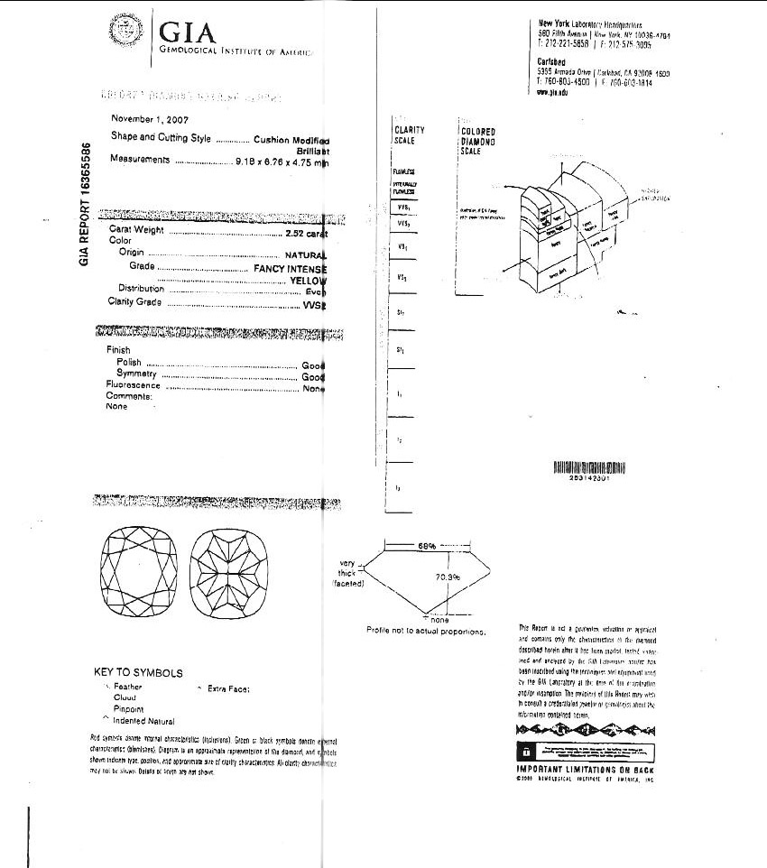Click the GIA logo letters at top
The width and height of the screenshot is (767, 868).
pyautogui.click(x=188, y=33)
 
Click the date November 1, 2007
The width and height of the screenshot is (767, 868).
pyautogui.click(x=150, y=119)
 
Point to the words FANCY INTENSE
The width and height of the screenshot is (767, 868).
pyautogui.click(x=290, y=269)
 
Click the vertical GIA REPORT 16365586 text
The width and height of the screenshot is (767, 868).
pyautogui.click(x=85, y=203)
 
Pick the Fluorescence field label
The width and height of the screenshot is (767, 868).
pyautogui.click(x=134, y=385)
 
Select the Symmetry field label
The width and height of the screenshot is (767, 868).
pyautogui.click(x=137, y=374)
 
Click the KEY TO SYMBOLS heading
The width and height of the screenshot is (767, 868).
pyautogui.click(x=138, y=673)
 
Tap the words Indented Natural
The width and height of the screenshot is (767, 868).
pyautogui.click(x=143, y=721)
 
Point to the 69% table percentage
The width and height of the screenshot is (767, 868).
pyautogui.click(x=427, y=546)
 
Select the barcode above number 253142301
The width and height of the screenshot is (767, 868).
pyautogui.click(x=587, y=466)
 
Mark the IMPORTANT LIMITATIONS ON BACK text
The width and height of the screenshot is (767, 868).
pyautogui.click(x=585, y=769)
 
